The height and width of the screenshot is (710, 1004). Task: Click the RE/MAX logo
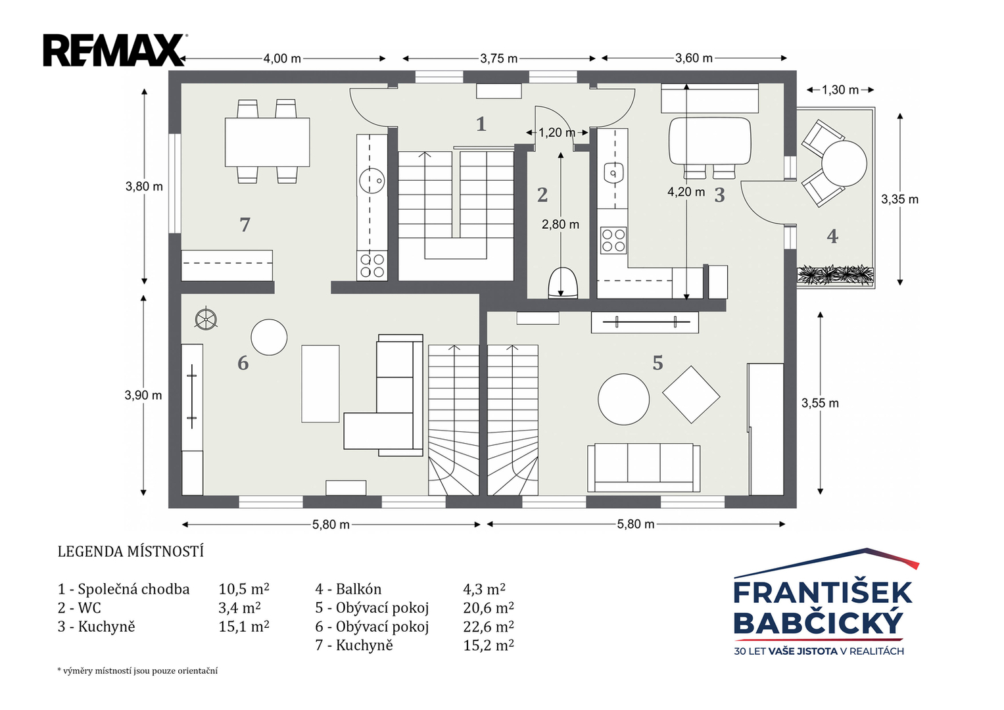[115, 50]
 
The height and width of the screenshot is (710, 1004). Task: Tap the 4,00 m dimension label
[282, 59]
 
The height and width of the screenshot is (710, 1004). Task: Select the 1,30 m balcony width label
[840, 90]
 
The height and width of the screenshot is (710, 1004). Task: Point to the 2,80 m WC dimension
[560, 224]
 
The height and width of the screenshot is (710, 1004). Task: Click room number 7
[245, 225]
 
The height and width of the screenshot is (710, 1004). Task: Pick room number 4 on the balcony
[832, 236]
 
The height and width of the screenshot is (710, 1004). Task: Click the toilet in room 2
[563, 283]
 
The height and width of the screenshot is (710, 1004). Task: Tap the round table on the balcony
[844, 164]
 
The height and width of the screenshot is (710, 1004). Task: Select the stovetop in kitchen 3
[613, 240]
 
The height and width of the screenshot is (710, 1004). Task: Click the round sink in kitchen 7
[372, 181]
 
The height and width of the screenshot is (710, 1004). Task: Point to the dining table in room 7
[267, 142]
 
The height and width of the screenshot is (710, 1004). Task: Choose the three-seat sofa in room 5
[644, 468]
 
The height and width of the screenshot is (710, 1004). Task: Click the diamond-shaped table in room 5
[691, 394]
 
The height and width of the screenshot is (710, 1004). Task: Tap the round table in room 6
[269, 337]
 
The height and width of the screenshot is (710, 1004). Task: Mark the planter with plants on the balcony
[836, 275]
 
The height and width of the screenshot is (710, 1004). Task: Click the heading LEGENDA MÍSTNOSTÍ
[130, 552]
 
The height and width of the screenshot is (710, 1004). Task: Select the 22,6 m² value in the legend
[489, 626]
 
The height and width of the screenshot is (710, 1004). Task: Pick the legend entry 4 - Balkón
[348, 588]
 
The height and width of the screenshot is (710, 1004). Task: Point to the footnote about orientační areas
[137, 671]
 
